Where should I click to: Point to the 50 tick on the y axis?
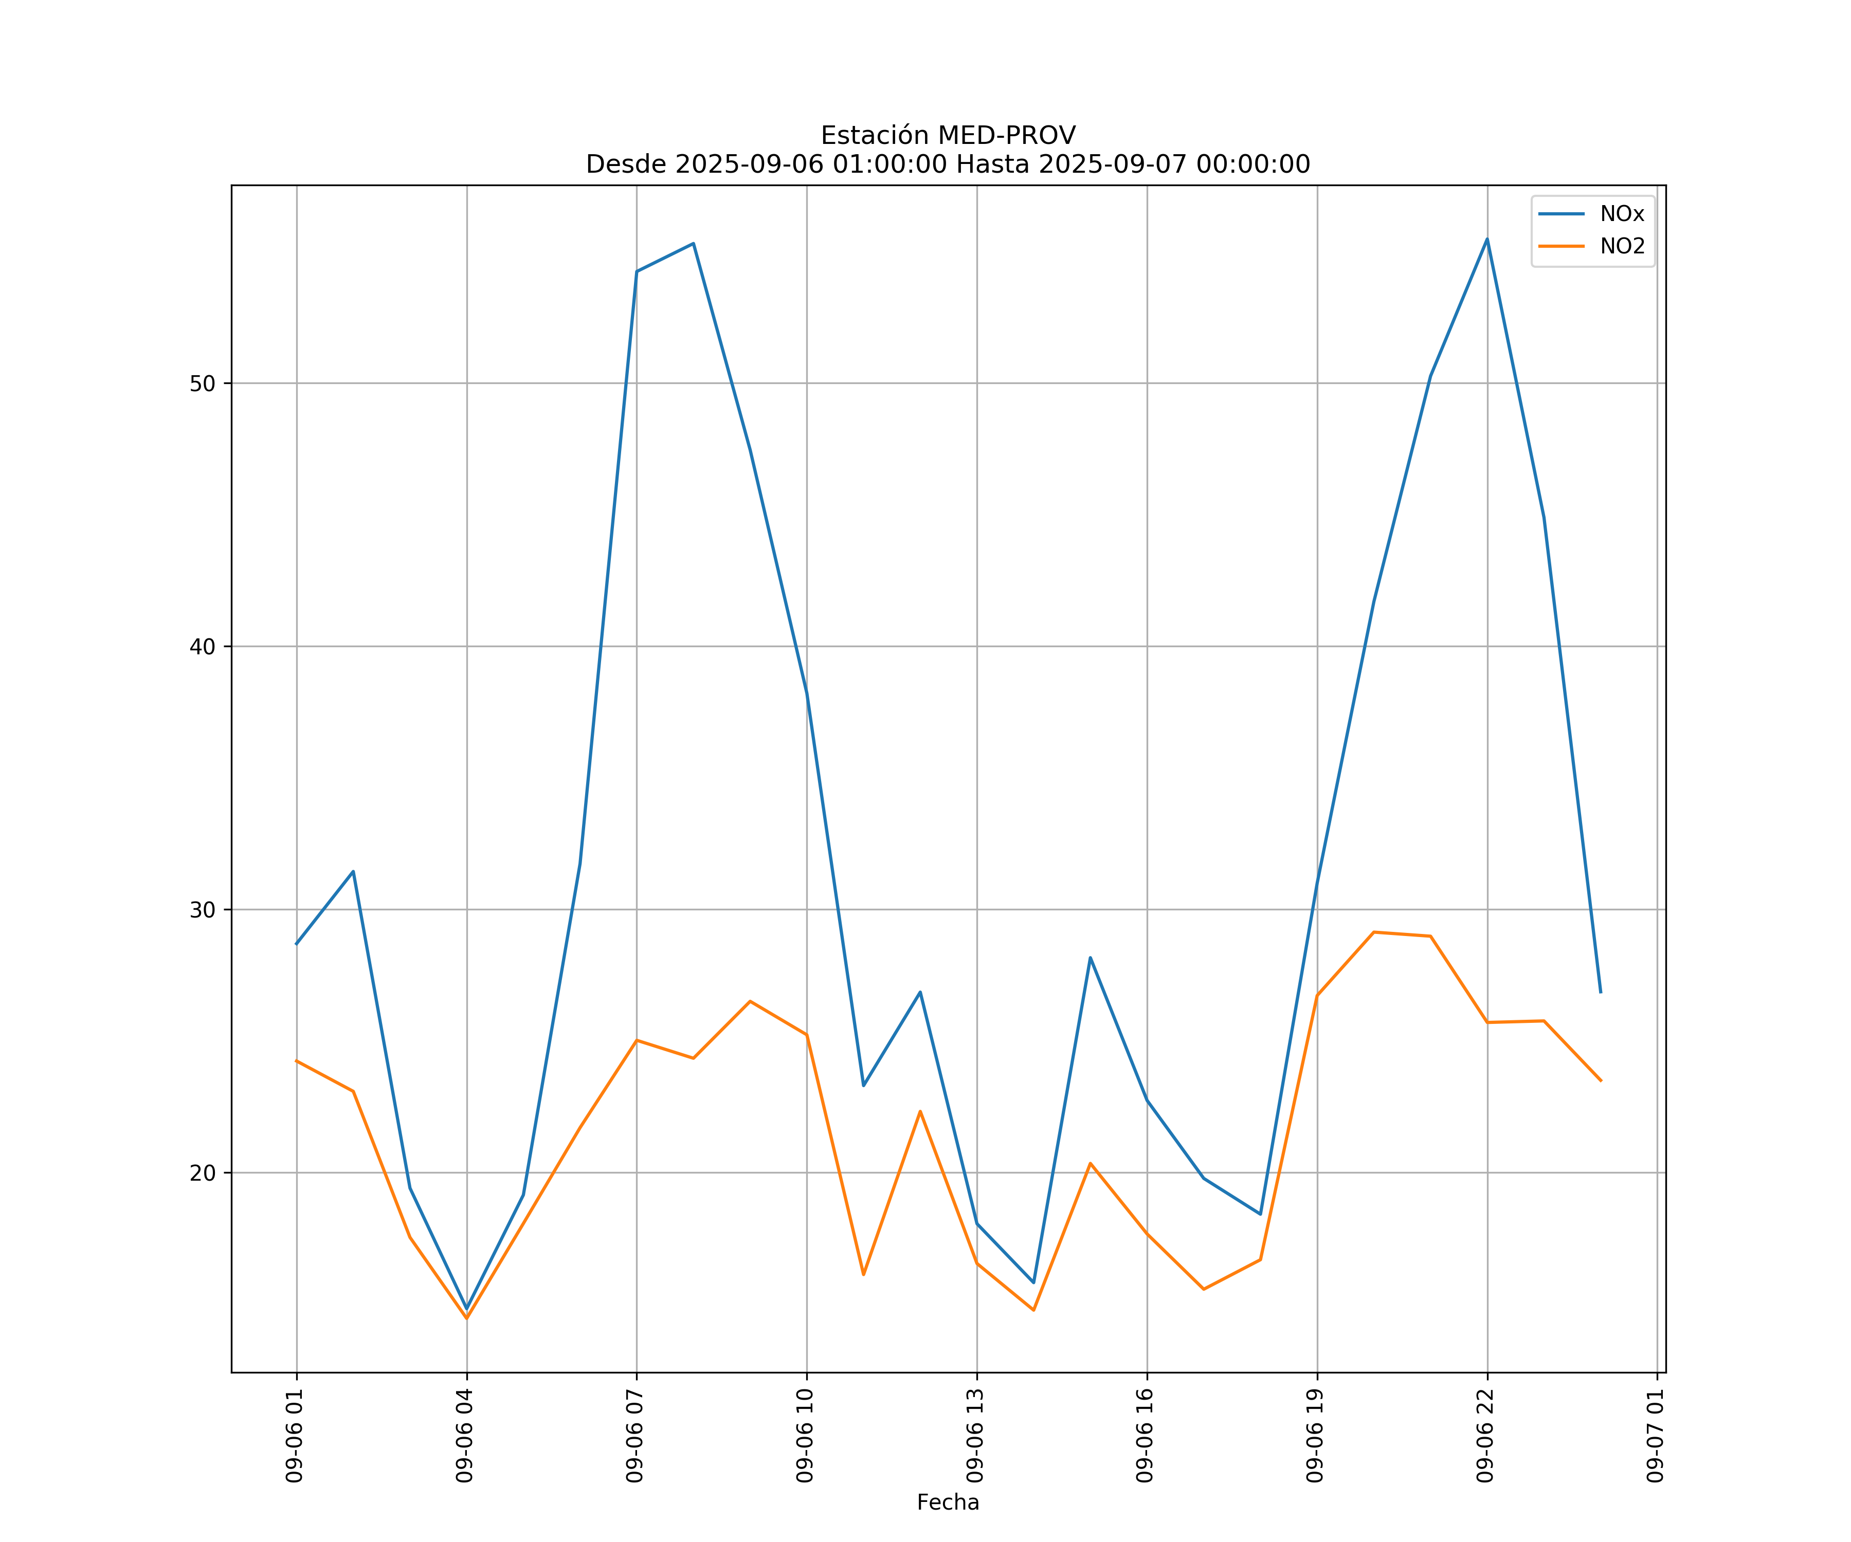[x=203, y=383]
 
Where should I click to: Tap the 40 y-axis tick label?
[x=203, y=647]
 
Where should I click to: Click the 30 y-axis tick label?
[x=203, y=909]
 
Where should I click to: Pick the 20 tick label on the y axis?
[x=203, y=1173]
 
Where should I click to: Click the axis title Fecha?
[x=948, y=1502]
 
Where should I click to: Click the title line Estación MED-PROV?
[x=948, y=136]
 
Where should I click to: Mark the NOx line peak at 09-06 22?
[x=1487, y=239]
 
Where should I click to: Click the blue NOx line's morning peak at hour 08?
[x=694, y=243]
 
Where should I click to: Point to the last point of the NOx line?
[x=1601, y=993]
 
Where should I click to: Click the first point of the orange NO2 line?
[x=296, y=1061]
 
